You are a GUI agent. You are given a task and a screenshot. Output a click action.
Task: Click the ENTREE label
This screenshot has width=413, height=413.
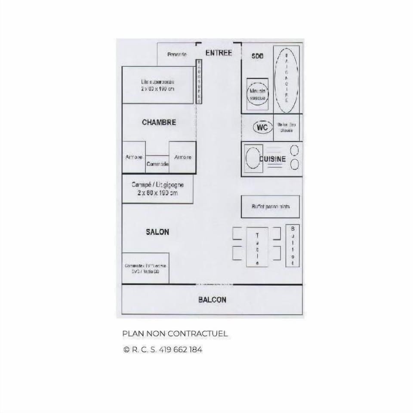219,53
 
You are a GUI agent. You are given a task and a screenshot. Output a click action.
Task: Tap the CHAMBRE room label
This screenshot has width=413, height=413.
159,123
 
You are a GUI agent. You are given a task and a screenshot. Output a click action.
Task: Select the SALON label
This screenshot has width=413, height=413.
157,232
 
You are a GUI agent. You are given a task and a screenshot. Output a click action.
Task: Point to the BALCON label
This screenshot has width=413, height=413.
212,300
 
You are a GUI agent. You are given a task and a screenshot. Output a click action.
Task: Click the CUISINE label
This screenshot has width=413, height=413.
273,159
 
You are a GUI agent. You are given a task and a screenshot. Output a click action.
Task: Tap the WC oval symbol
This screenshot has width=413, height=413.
262,127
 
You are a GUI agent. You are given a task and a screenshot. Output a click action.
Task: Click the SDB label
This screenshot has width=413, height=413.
257,57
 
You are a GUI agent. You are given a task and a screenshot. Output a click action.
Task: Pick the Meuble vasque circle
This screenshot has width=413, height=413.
257,93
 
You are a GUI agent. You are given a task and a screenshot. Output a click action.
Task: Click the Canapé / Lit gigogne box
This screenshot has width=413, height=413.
157,189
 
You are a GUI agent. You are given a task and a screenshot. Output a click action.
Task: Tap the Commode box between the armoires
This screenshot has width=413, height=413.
157,164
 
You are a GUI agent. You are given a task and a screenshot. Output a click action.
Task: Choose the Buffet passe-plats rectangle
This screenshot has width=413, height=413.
270,206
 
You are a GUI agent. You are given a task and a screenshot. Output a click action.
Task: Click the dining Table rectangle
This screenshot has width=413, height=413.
257,247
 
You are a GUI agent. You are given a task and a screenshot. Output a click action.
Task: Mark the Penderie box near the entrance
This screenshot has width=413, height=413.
177,55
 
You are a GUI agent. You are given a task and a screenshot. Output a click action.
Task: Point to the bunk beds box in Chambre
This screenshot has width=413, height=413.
157,85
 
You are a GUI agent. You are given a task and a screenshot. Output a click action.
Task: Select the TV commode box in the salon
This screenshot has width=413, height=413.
145,268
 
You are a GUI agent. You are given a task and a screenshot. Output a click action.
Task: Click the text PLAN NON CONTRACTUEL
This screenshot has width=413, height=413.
175,334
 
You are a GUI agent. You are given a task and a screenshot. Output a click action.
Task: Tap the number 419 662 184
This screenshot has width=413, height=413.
180,350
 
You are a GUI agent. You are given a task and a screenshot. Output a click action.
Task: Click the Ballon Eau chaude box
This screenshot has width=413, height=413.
287,127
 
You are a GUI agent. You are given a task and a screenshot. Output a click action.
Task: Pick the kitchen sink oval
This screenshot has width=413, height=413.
253,159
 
